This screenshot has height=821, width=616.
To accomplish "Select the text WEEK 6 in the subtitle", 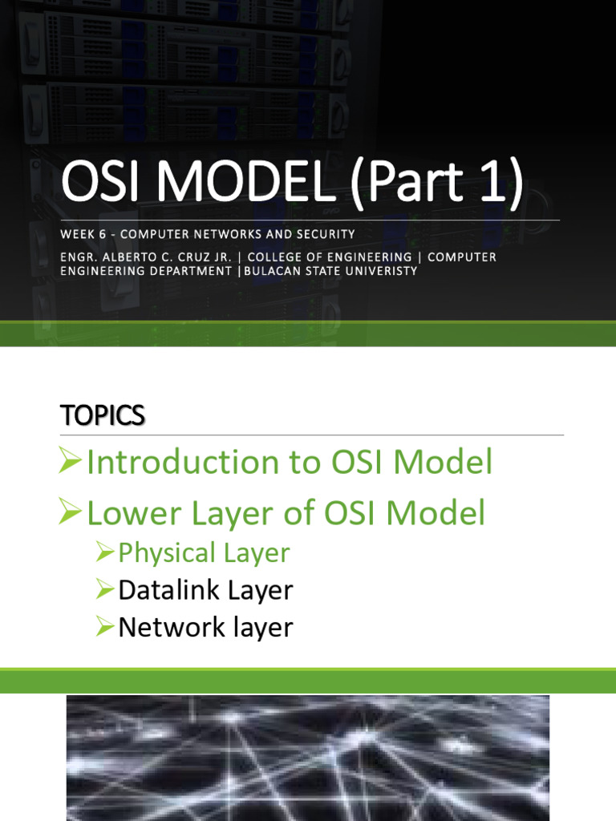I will pyautogui.click(x=83, y=235).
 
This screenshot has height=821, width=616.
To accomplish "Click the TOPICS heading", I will pyautogui.click(x=102, y=416).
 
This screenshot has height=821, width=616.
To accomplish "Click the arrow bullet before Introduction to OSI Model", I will pyautogui.click(x=71, y=462).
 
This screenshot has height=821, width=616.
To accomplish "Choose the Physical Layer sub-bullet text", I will pyautogui.click(x=204, y=553).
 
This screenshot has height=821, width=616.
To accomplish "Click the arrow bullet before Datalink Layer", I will pyautogui.click(x=105, y=590).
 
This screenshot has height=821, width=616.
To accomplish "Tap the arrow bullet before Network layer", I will pyautogui.click(x=105, y=627).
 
